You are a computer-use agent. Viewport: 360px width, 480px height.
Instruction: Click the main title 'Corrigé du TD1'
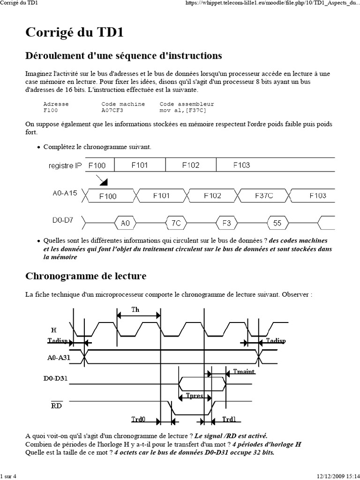click(74, 34)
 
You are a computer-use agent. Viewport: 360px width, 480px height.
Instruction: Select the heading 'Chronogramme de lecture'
click(86, 276)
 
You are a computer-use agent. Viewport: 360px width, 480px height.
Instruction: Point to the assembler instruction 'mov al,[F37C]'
click(183, 110)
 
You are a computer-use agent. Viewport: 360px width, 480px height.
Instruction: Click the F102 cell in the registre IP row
click(190, 165)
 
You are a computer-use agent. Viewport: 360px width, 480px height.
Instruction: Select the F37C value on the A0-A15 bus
click(263, 195)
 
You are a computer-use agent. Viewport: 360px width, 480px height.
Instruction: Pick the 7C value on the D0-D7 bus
click(176, 223)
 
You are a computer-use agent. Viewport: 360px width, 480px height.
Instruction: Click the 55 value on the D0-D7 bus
click(277, 223)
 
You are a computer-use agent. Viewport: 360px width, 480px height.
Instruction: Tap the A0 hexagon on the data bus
click(125, 223)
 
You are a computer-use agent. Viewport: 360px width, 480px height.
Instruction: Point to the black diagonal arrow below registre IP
click(103, 180)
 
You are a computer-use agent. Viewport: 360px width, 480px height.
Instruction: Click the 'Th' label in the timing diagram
click(135, 310)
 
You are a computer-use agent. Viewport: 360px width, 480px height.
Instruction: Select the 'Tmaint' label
click(244, 372)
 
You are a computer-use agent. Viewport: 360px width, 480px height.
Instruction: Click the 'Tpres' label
click(195, 396)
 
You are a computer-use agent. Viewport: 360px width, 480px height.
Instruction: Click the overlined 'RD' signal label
click(57, 405)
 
